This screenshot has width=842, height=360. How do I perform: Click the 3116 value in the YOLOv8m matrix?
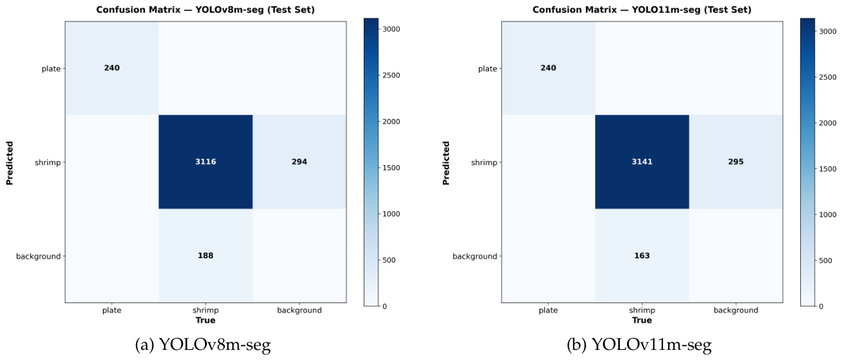[206, 161]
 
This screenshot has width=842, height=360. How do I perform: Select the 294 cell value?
[299, 161]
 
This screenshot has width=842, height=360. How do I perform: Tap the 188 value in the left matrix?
[206, 256]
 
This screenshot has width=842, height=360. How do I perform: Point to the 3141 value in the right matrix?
[642, 161]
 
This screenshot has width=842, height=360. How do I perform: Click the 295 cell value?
[736, 161]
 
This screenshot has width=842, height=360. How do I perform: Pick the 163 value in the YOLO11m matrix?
[642, 256]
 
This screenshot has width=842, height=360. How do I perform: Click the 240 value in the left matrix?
[111, 68]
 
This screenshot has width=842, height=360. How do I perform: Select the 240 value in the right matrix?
[548, 68]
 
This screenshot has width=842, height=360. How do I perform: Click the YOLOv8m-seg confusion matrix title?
[206, 9]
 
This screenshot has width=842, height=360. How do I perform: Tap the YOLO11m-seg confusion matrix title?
[642, 9]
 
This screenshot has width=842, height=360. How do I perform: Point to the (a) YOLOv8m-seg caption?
[203, 345]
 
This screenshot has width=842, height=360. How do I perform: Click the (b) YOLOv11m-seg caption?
[639, 345]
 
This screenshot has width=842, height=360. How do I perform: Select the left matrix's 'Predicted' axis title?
[9, 163]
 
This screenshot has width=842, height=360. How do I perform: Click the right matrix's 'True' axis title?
[642, 320]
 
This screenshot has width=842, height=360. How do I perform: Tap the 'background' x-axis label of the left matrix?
[299, 311]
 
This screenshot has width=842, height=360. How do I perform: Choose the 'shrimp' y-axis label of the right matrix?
[484, 163]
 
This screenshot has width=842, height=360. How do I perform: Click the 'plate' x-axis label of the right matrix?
[548, 311]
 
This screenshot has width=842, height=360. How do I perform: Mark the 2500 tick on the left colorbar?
[392, 75]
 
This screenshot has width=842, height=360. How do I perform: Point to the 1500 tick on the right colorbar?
[828, 169]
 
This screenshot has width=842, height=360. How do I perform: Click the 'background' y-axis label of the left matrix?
[38, 256]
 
